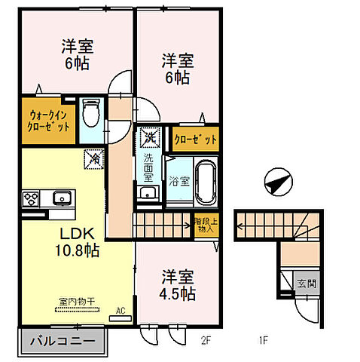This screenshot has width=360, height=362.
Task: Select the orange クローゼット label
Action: click(x=196, y=140)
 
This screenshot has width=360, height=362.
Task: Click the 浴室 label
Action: click(x=178, y=181)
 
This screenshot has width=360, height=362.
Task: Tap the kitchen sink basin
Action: click(x=61, y=199)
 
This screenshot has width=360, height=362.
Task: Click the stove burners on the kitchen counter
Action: click(x=32, y=199)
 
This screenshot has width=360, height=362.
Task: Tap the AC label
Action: click(x=121, y=309)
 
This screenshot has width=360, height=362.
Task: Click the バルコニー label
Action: click(x=63, y=342)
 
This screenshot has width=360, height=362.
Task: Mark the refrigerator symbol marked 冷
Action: click(x=95, y=160)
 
